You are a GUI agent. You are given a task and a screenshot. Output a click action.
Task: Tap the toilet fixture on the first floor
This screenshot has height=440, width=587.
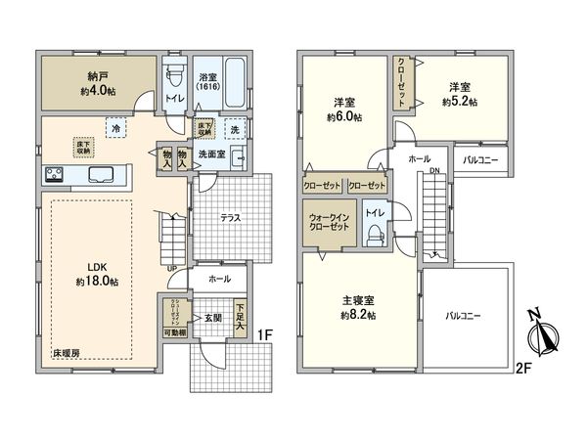174,75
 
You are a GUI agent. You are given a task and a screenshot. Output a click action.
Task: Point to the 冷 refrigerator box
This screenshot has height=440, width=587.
115,128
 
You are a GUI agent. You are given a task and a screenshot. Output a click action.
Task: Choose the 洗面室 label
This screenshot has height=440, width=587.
212,154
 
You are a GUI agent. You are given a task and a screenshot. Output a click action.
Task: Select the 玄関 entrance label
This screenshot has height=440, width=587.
213,318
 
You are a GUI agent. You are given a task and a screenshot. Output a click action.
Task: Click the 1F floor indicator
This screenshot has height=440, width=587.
263,336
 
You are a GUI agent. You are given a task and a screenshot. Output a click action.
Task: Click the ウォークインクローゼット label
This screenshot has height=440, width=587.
328,221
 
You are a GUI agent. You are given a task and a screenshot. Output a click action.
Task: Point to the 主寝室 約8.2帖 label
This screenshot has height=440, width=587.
359,309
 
